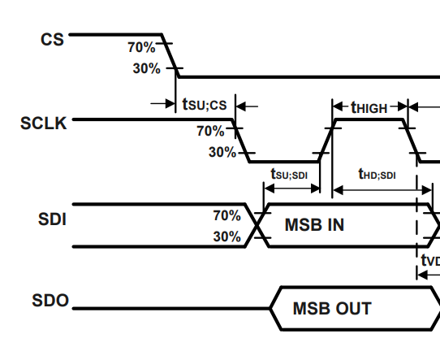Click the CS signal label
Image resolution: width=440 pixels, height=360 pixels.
(x=53, y=38)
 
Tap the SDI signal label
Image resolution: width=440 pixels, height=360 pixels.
(x=52, y=219)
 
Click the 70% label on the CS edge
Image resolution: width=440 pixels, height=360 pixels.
(x=141, y=47)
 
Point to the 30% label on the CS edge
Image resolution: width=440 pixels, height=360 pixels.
(x=146, y=68)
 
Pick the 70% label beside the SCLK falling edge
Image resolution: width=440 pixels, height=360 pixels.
(x=210, y=130)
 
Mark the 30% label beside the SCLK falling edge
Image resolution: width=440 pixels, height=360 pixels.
(x=222, y=152)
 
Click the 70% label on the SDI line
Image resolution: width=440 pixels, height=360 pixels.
(x=226, y=215)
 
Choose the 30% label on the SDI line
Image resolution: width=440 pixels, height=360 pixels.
(x=226, y=236)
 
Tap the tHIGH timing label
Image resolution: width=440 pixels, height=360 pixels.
(x=369, y=106)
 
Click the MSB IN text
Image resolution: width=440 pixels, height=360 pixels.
(x=314, y=225)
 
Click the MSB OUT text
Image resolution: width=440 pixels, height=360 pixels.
(x=331, y=309)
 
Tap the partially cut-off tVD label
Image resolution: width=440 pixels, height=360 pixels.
(x=429, y=260)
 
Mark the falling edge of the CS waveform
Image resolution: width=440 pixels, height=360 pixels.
(x=170, y=57)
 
